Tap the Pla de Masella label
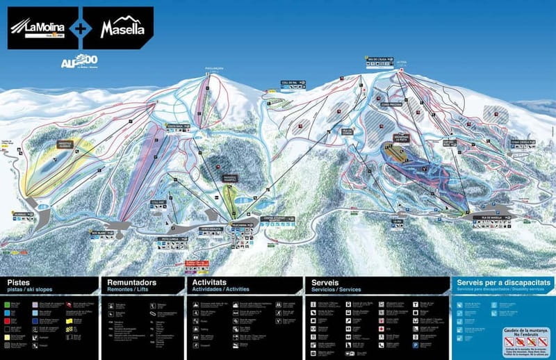point(491,219)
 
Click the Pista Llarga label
point(170,239)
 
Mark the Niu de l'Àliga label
point(376,60)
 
